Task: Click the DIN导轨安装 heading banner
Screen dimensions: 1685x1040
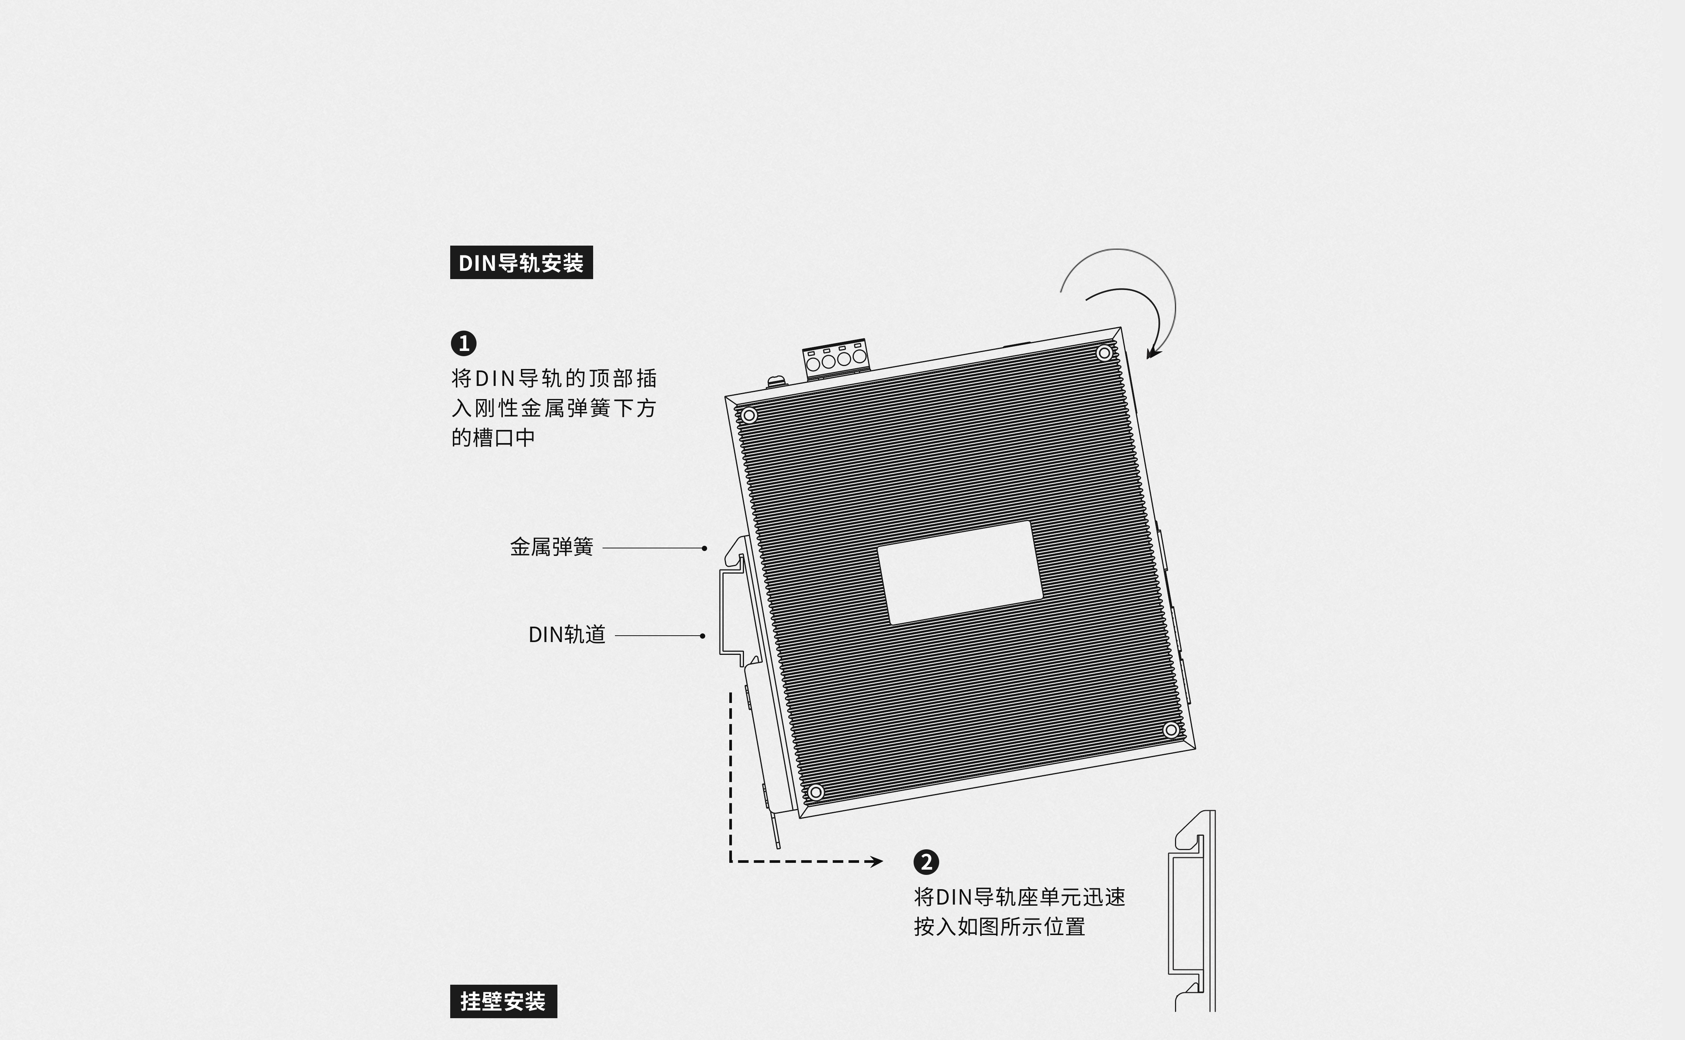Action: pos(521,262)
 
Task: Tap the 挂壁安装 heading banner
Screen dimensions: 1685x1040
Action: pos(504,1001)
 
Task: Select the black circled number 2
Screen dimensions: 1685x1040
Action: pos(926,862)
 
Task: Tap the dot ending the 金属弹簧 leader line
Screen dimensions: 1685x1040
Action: pos(704,548)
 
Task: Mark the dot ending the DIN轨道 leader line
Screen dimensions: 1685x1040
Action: pos(702,636)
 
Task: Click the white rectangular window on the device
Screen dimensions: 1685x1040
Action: pos(960,572)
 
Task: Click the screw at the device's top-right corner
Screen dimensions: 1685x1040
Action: pos(1104,353)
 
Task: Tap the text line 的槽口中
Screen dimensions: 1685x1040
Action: pos(493,437)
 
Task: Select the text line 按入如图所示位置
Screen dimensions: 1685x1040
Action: pos(999,926)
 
